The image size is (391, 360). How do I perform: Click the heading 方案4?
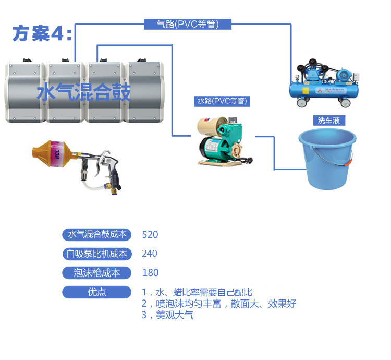click(x=42, y=33)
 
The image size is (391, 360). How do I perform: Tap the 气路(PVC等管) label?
click(x=187, y=24)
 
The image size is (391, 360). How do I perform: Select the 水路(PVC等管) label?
click(x=222, y=101)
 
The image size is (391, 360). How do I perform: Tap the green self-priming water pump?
click(x=222, y=142)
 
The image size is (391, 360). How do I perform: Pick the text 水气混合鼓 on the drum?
click(x=83, y=93)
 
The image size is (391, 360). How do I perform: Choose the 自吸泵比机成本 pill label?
click(x=97, y=254)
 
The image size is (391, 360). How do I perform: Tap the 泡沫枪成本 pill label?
click(x=97, y=273)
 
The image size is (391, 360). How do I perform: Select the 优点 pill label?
click(x=97, y=292)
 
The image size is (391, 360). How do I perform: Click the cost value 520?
click(x=150, y=235)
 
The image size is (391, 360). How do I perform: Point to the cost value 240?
click(x=150, y=254)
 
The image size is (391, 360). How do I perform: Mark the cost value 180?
click(x=150, y=273)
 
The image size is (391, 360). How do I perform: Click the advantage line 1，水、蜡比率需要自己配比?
click(x=197, y=292)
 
